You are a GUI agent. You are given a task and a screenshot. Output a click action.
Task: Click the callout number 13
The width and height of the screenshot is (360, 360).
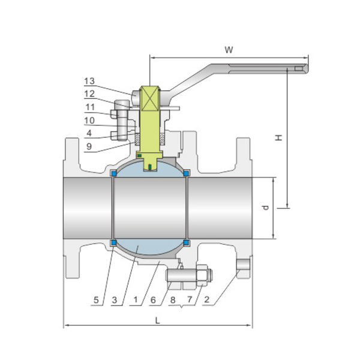click(x=89, y=81)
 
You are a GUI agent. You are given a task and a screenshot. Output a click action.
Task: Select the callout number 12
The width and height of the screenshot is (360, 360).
click(x=89, y=94)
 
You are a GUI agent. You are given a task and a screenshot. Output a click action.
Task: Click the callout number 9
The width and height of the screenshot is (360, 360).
click(x=89, y=146)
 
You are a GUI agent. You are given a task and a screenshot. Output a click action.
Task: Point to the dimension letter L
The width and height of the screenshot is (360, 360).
click(x=157, y=320)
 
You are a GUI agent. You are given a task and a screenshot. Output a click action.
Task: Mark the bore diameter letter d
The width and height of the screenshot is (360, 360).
click(x=265, y=208)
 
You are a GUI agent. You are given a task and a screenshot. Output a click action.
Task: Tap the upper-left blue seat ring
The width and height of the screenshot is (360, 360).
click(x=113, y=174)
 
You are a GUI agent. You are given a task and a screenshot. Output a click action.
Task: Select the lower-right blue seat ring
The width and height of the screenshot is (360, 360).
click(x=187, y=242)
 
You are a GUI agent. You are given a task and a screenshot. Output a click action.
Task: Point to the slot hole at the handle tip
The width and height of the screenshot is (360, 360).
click(x=298, y=70)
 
